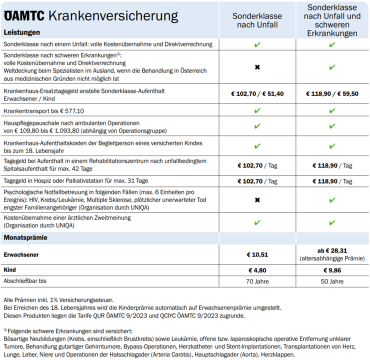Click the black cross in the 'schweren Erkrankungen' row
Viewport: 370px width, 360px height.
257,67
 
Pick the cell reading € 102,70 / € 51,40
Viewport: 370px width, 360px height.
257,93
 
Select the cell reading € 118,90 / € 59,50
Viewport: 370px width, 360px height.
332,93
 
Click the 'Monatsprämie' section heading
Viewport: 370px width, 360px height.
25,237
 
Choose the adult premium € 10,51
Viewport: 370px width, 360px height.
257,254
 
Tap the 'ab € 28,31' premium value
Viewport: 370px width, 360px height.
332,250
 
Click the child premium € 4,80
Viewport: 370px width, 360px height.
257,270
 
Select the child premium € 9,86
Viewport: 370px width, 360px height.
332,270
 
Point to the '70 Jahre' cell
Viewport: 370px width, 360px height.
257,281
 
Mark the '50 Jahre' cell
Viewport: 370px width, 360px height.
332,281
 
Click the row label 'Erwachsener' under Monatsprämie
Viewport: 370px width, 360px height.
21,254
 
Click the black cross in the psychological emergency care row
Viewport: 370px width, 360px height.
257,200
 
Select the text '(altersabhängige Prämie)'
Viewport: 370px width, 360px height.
332,259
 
